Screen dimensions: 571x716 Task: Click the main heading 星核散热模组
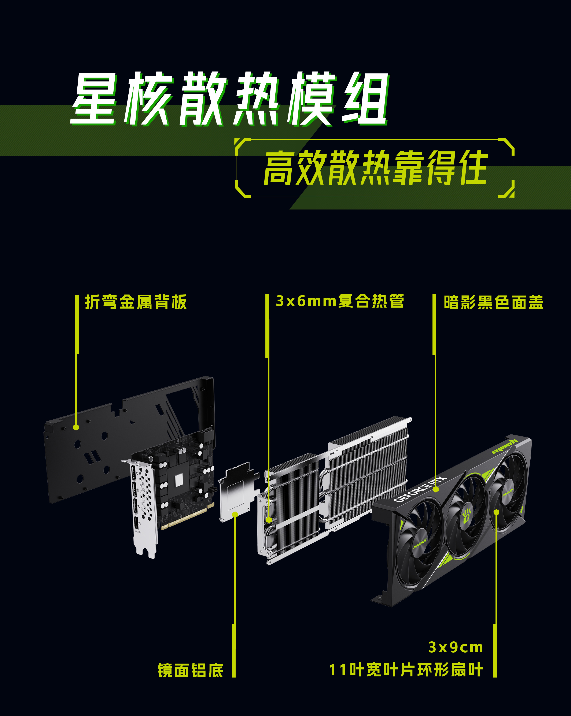(x=229, y=99)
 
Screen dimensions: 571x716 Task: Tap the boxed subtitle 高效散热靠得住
(x=375, y=168)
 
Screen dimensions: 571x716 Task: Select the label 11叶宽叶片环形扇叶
(x=406, y=669)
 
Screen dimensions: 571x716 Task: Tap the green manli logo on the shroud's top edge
(x=505, y=446)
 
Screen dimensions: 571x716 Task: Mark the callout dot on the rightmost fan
(x=496, y=512)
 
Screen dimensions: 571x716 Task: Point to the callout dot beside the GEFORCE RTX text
(x=436, y=489)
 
